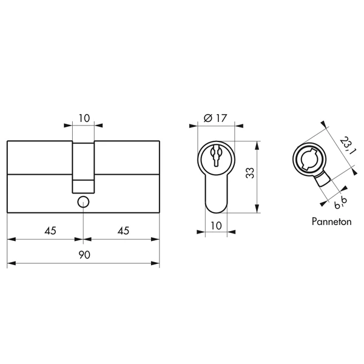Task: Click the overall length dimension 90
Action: pyautogui.click(x=84, y=255)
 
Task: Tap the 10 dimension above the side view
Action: pyautogui.click(x=84, y=118)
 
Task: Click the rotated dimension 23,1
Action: pyautogui.click(x=346, y=146)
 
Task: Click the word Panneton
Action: pyautogui.click(x=331, y=222)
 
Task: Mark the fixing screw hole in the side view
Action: pyautogui.click(x=83, y=203)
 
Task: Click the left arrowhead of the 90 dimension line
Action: pyautogui.click(x=9, y=264)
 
